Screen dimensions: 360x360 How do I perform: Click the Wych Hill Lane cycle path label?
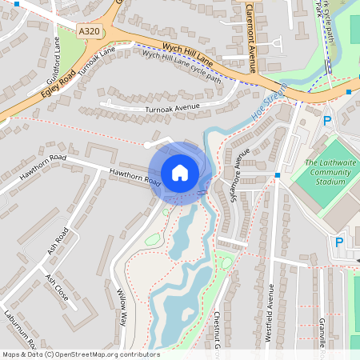coord(181,66)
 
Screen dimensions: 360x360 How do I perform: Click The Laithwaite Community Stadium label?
coord(329,172)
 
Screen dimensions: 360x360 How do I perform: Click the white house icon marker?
coord(180,172)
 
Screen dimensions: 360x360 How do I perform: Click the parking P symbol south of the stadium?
coord(338,242)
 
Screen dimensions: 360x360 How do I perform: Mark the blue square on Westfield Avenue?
coord(276,174)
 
